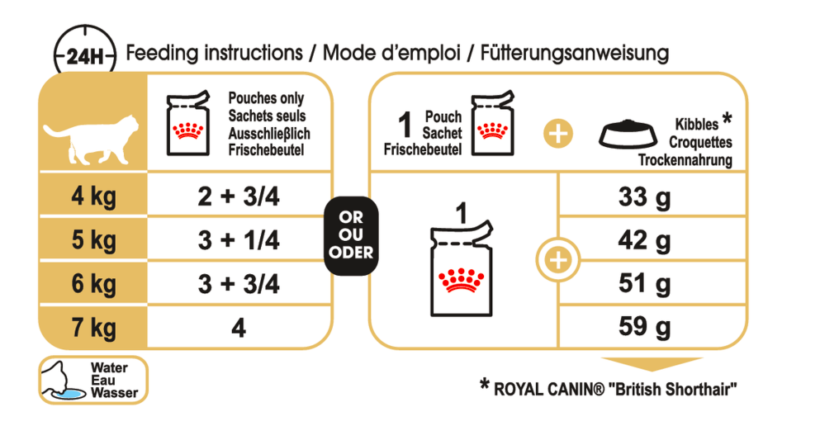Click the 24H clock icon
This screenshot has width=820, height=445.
pyautogui.click(x=85, y=52)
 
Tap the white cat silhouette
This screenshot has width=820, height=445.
pyautogui.click(x=91, y=139)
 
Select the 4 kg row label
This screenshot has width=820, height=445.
pyautogui.click(x=93, y=196)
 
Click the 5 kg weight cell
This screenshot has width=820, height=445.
pyautogui.click(x=93, y=240)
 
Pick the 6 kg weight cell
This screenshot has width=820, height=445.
pyautogui.click(x=93, y=285)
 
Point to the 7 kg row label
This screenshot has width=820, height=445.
pyautogui.click(x=93, y=328)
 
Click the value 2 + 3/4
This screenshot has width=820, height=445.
pyautogui.click(x=239, y=196)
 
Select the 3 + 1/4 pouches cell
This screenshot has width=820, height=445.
pyautogui.click(x=239, y=240)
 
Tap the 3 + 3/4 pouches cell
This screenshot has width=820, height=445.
pyautogui.click(x=239, y=285)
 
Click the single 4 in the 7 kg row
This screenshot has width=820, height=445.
pyautogui.click(x=239, y=328)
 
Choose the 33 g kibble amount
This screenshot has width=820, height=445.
pyautogui.click(x=644, y=197)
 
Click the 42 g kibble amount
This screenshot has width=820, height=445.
pyautogui.click(x=644, y=241)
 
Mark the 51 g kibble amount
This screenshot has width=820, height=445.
pyautogui.click(x=644, y=284)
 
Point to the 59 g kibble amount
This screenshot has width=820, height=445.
pyautogui.click(x=644, y=327)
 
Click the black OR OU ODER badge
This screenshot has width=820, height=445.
pyautogui.click(x=351, y=236)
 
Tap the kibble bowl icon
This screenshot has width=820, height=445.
pyautogui.click(x=628, y=135)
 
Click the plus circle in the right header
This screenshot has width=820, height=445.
pyautogui.click(x=558, y=134)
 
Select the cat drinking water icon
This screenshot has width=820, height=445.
pyautogui.click(x=64, y=380)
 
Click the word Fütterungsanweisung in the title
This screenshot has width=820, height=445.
pyautogui.click(x=575, y=54)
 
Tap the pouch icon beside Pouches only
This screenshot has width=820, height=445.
pyautogui.click(x=187, y=124)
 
